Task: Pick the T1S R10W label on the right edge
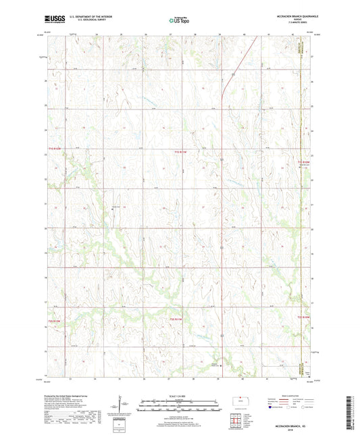[303, 162]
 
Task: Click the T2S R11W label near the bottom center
[176, 318]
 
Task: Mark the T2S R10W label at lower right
[303, 317]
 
